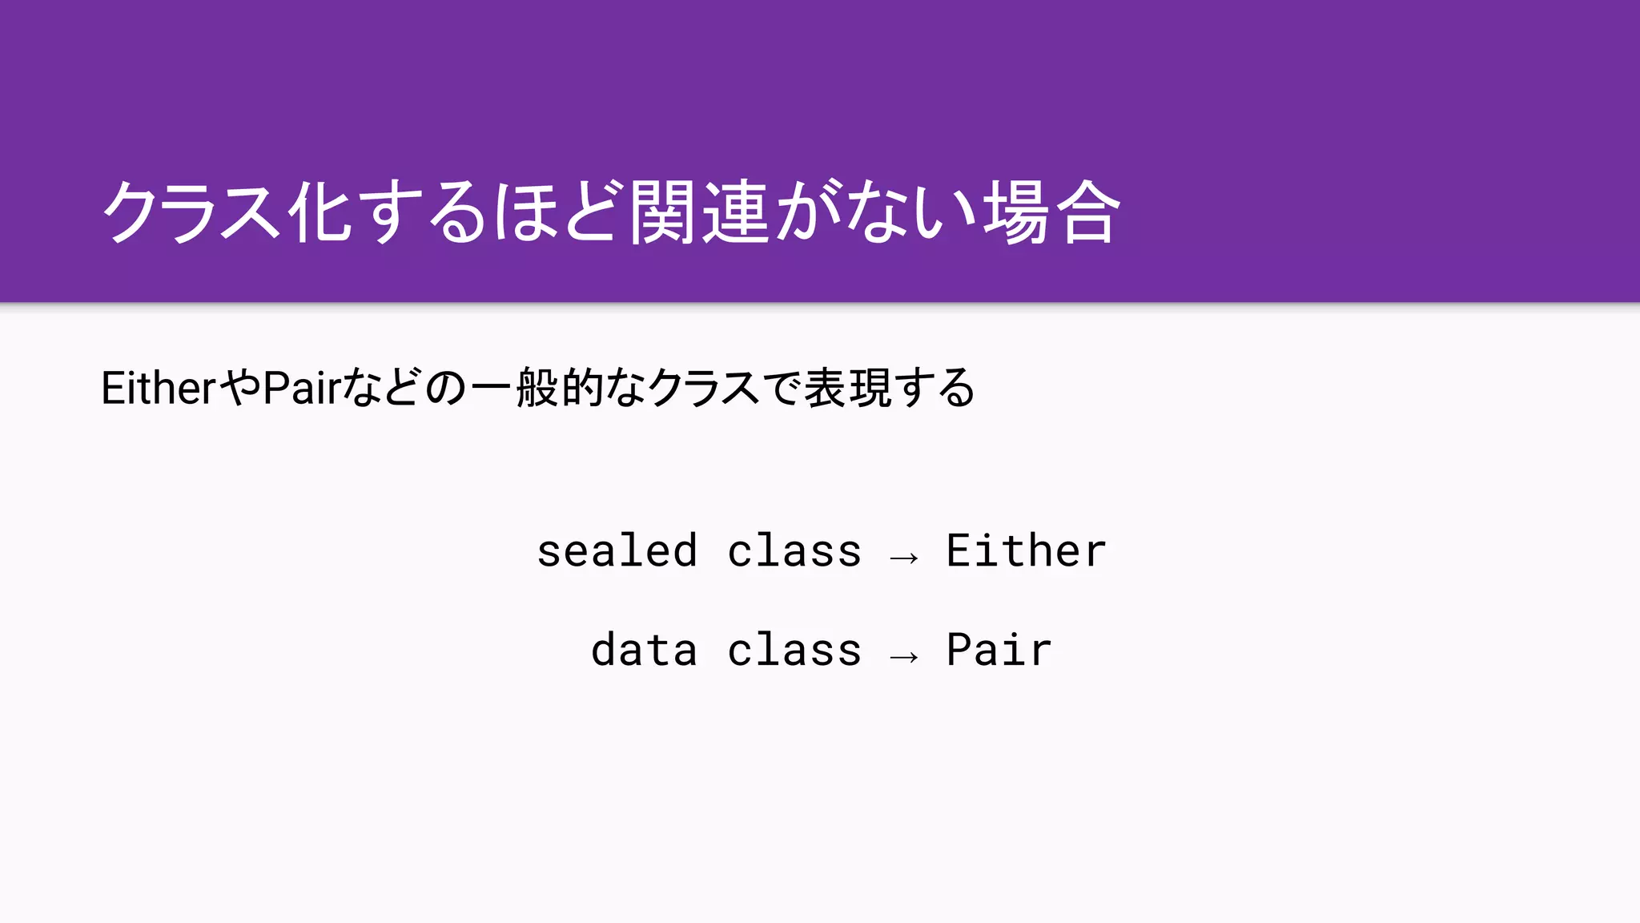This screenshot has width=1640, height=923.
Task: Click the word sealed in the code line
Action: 617,551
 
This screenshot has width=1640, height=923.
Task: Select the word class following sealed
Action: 794,551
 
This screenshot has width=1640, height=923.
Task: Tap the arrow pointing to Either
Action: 904,556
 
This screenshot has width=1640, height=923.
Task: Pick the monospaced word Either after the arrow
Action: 1026,551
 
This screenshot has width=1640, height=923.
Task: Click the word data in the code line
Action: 644,650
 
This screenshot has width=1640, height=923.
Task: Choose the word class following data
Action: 794,650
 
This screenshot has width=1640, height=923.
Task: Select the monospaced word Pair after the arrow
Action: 999,650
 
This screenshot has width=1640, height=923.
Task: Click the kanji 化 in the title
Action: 320,212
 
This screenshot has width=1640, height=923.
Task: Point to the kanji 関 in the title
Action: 661,212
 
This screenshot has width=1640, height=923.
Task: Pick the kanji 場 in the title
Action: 1015,212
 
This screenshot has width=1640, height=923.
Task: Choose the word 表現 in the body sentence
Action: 847,389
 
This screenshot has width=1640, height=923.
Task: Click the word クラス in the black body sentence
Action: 703,389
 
